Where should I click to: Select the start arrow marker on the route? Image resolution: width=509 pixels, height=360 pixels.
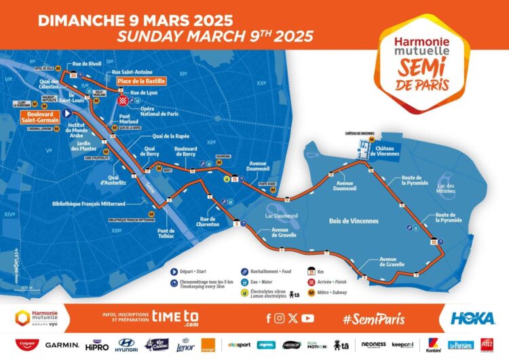[x=67, y=113]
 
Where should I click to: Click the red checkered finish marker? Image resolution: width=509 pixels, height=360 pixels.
[x=123, y=100]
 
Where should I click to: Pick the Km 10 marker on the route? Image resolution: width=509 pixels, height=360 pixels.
[x=433, y=240]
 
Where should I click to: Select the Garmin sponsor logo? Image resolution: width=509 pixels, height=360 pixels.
[x=62, y=345]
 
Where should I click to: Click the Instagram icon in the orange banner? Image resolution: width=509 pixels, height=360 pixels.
[x=280, y=318]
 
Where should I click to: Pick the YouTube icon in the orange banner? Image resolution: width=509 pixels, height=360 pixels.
[x=308, y=318]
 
